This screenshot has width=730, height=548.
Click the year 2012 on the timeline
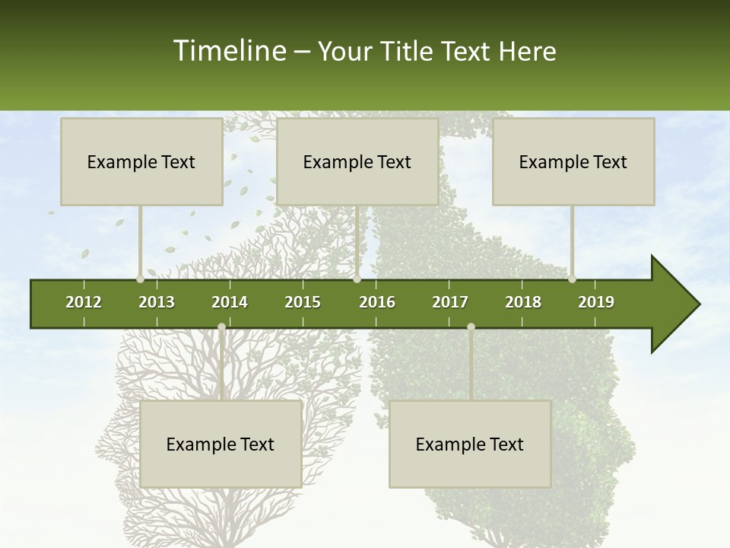coord(84,302)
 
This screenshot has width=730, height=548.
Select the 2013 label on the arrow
coord(157,302)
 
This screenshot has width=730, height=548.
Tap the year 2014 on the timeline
coord(230,302)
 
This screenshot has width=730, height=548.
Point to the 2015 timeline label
coord(303,302)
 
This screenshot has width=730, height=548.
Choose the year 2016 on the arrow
coord(377,302)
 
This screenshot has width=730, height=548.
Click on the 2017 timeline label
coord(450,302)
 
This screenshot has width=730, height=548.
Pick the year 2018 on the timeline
coord(523,302)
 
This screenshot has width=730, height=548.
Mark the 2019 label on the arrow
coord(596,302)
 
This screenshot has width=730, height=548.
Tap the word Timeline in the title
coord(227,51)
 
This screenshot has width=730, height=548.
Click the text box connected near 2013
coord(141,161)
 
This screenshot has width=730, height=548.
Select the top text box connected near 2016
coord(357,161)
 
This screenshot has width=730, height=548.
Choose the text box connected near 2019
coord(573,161)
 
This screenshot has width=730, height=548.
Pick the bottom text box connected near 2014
coord(221,444)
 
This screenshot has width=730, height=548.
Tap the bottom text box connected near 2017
coord(470,444)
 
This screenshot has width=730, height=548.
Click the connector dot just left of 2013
coord(140,279)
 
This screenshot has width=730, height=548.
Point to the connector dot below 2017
coord(471,327)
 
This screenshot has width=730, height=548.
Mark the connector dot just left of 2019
coord(572,279)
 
